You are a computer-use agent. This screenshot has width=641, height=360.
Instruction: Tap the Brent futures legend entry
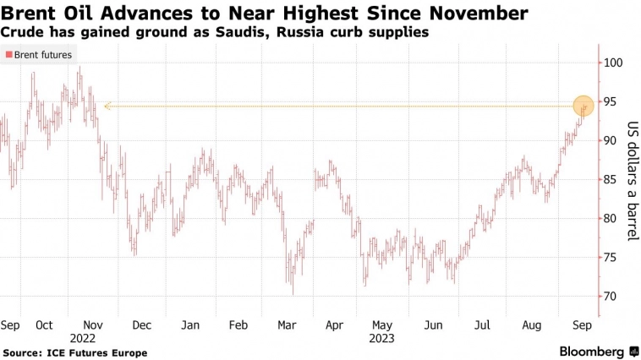click(x=40, y=55)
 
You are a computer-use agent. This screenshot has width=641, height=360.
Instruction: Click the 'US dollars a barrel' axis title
click(x=631, y=180)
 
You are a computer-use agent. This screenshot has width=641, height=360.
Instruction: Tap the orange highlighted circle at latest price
click(x=583, y=106)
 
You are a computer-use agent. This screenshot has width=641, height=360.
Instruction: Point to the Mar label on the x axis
click(x=286, y=325)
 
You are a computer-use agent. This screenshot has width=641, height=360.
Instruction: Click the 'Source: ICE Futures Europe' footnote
click(x=75, y=352)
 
